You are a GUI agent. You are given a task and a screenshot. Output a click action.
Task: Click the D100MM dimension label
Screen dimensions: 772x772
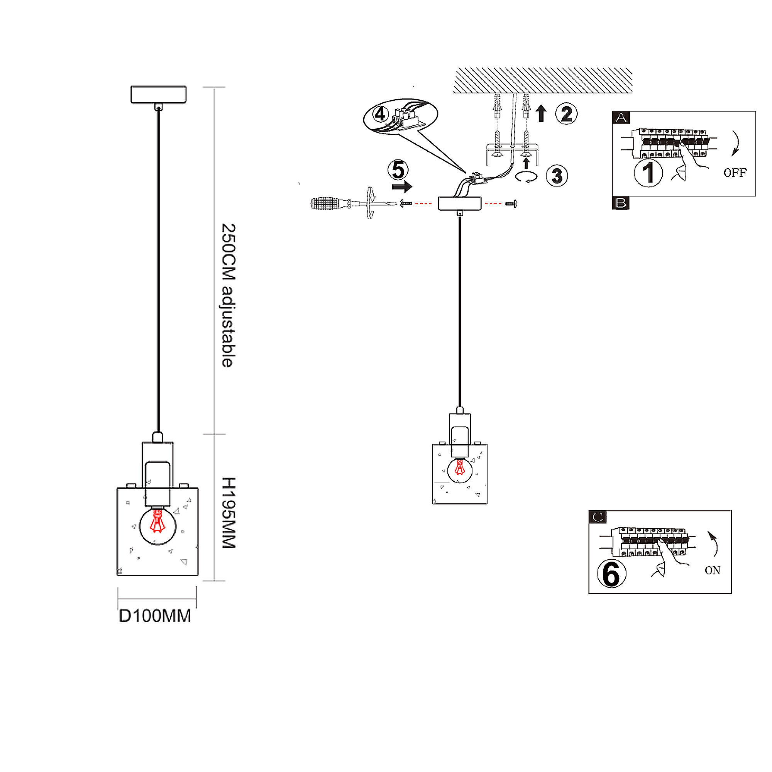tap(155, 616)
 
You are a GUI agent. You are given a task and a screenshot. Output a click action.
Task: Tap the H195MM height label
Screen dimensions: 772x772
tap(229, 513)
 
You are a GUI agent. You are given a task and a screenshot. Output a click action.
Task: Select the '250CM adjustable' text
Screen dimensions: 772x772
tap(229, 295)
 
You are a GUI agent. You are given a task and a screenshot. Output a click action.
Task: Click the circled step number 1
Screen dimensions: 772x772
tap(648, 173)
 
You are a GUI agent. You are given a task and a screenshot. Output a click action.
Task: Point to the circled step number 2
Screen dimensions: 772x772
tap(566, 114)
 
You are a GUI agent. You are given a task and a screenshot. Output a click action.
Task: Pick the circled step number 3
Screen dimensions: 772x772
tap(556, 176)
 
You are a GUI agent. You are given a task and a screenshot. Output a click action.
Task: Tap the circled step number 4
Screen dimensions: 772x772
tap(380, 114)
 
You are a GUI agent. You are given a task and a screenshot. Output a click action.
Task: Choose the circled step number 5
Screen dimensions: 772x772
tap(398, 170)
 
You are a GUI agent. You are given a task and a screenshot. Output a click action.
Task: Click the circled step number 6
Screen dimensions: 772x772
tap(611, 574)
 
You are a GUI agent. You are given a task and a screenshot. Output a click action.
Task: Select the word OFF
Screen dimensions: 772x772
tap(735, 173)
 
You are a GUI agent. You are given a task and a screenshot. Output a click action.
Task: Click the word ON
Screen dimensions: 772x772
tap(713, 571)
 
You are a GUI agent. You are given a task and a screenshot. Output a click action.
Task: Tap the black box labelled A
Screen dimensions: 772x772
tap(621, 117)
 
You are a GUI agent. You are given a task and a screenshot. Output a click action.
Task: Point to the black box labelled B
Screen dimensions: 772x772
tap(621, 203)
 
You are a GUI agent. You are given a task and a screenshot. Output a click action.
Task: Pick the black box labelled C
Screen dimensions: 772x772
tap(598, 517)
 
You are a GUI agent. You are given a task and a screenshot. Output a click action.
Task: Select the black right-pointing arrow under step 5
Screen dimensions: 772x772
tap(402, 186)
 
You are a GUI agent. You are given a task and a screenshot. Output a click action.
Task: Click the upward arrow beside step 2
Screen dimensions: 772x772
tap(541, 113)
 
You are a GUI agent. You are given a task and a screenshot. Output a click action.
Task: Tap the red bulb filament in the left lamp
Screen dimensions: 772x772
tap(157, 521)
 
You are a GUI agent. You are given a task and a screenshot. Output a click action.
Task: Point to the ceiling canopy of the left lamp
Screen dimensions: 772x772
tap(159, 94)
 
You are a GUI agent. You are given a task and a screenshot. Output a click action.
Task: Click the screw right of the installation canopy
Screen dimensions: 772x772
tap(511, 204)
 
